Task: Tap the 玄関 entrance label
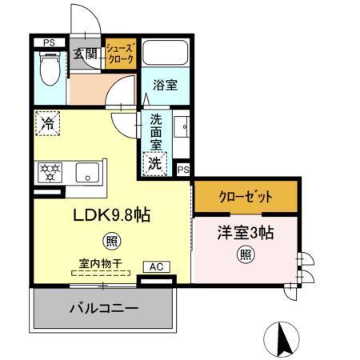(86, 54)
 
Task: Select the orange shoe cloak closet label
(121, 54)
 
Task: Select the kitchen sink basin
(87, 173)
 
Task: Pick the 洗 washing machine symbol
(154, 163)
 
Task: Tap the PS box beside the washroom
(183, 170)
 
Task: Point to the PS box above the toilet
(49, 42)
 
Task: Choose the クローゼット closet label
(246, 196)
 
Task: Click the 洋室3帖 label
(246, 233)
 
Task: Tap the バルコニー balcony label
(103, 308)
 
